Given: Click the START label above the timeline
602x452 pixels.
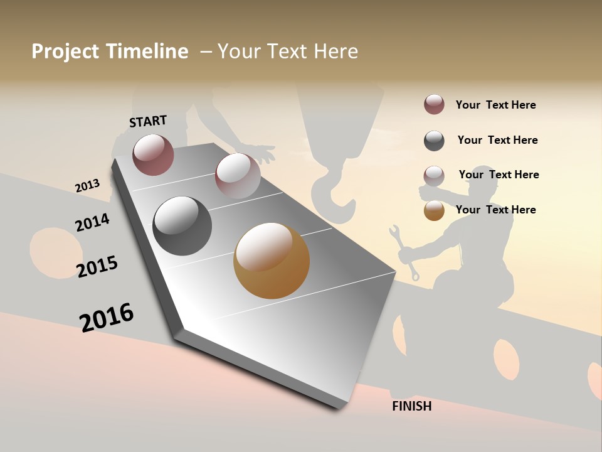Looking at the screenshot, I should pos(148,121).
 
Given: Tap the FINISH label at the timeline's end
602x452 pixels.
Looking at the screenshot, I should pos(411,406).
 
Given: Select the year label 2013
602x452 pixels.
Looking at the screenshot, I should pos(87,186).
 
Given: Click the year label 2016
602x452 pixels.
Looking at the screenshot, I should pos(107,317).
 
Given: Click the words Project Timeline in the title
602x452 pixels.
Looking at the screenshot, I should pos(110,51).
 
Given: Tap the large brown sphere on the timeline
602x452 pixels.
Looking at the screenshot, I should pos(272,261).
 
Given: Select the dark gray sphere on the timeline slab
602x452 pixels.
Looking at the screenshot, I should pos(182,226).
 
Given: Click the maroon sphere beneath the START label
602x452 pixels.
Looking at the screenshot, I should pos(153,154).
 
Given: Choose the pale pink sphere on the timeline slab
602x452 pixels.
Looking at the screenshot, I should pos(237,176).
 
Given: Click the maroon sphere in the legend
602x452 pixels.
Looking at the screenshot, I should pos(434,104).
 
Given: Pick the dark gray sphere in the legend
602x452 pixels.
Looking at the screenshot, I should pos(434,141).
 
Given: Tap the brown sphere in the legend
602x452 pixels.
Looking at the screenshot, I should pos(434,210).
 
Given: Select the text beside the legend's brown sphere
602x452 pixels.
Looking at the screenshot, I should pos(495,210).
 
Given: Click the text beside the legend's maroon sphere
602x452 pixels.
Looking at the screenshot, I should pos(495,105).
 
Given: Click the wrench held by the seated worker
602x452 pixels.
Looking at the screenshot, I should pos(404,251).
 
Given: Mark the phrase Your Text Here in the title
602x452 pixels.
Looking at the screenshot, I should pos(288,51).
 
